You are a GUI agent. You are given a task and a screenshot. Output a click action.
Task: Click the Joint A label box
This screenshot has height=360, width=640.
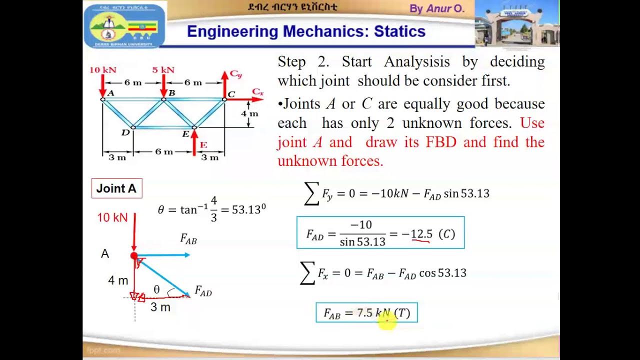coord(116,188)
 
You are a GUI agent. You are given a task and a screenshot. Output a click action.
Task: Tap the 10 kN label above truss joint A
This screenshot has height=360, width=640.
coord(102,70)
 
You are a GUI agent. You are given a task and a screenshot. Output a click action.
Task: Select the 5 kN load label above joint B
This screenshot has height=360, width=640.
coord(163,70)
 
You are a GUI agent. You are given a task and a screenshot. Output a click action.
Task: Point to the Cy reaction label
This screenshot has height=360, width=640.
coord(235,74)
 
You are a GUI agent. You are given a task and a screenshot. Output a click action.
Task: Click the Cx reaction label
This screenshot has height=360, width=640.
coord(257,91)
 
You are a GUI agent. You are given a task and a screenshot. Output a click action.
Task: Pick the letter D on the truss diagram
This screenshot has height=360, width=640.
coord(125,132)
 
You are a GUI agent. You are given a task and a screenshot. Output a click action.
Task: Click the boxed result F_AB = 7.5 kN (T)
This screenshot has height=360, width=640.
coord(366,313)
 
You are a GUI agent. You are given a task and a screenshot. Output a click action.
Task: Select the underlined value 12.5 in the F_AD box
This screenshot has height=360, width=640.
coord(421,234)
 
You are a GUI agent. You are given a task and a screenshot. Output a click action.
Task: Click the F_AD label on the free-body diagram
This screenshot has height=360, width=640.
coord(203,291)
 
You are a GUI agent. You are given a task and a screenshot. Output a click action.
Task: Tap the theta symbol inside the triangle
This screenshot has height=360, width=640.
coord(156,289)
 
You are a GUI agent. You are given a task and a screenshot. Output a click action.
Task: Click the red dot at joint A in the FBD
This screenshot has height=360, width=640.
coord(134,256)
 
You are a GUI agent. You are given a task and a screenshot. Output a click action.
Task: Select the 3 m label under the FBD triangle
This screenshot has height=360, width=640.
coord(160,307)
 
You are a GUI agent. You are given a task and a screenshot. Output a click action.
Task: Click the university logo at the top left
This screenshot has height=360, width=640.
coord(125,26)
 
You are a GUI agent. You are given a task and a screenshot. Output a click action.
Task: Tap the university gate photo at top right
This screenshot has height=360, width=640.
coord(516,23)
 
